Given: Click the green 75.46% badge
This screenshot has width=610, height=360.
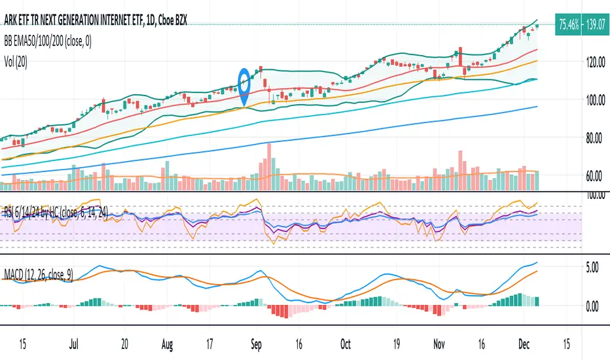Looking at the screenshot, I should [x=553, y=21].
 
